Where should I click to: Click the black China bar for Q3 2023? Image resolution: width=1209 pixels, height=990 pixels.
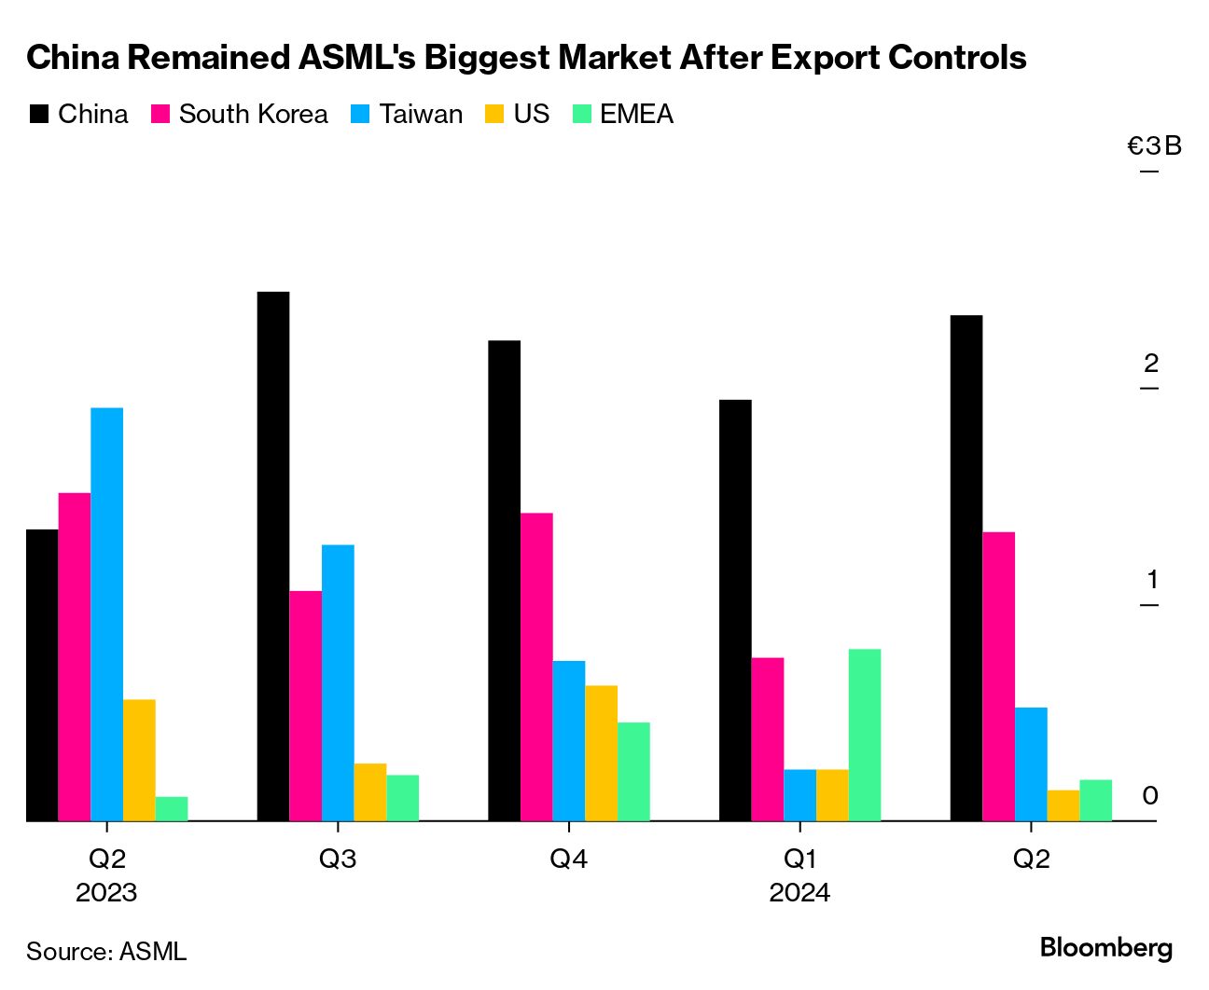click(x=273, y=557)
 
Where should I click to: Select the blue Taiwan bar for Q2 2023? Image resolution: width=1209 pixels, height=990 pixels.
click(x=106, y=614)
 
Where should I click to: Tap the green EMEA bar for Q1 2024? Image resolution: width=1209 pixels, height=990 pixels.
click(x=865, y=735)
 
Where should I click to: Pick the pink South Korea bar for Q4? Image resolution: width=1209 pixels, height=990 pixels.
click(x=536, y=667)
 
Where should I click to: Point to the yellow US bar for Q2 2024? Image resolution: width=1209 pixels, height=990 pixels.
click(x=1063, y=805)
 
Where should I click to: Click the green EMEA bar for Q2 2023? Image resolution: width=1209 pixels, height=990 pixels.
click(x=172, y=808)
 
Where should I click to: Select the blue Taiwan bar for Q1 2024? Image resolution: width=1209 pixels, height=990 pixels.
click(x=799, y=795)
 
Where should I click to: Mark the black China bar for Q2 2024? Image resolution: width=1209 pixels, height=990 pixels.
click(x=966, y=568)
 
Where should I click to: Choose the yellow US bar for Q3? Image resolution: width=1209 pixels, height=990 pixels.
click(x=369, y=792)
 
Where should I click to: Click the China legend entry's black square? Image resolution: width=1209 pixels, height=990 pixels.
click(x=39, y=115)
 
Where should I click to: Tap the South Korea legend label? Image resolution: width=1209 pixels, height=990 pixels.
click(x=253, y=115)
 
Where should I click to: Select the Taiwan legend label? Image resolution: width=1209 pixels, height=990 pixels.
click(x=421, y=115)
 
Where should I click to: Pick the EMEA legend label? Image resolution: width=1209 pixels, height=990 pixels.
click(x=636, y=115)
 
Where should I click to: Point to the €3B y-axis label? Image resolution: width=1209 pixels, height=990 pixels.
click(x=1154, y=146)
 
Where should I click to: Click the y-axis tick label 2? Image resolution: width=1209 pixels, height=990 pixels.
click(x=1152, y=364)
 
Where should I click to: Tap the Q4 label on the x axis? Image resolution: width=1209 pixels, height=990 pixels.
click(x=568, y=859)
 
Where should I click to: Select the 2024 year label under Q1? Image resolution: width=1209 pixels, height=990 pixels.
click(x=799, y=893)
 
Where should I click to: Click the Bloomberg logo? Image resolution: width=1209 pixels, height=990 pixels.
click(x=1105, y=948)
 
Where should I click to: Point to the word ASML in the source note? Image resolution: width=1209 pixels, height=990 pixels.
click(x=153, y=952)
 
